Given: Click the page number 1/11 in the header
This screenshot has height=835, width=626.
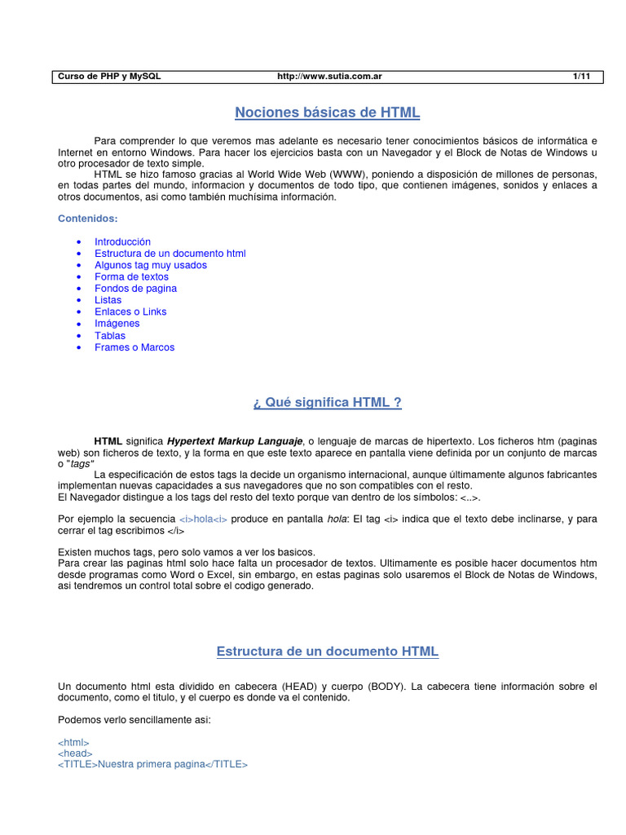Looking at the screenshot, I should (581, 76).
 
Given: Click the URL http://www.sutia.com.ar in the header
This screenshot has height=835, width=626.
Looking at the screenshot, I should (330, 76).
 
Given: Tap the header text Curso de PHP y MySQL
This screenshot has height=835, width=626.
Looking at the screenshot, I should (109, 76).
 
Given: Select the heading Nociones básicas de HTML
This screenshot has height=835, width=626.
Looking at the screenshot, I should (327, 113).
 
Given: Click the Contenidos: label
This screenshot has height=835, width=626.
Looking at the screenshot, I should (88, 219).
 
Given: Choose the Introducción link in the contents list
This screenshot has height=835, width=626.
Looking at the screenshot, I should (122, 242).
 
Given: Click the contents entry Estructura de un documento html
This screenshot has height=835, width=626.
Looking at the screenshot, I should (170, 254).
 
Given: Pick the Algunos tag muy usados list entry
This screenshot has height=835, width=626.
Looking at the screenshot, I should (151, 265).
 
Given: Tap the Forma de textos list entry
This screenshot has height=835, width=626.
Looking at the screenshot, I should (131, 276).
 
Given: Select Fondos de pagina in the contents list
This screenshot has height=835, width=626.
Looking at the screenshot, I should (135, 289).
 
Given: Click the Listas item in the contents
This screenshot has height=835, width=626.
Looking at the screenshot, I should (108, 300).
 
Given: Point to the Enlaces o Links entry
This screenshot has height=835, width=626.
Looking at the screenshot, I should (130, 311).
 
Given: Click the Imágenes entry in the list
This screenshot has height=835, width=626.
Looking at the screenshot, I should (117, 323).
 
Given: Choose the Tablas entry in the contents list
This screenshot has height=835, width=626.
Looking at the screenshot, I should (110, 335).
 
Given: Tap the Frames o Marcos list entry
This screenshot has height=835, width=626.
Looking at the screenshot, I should (134, 347).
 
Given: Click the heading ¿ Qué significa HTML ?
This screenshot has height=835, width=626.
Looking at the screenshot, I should (327, 403).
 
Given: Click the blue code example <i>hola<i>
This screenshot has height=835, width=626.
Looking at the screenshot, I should (203, 519).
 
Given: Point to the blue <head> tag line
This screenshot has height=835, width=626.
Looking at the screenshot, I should (76, 754).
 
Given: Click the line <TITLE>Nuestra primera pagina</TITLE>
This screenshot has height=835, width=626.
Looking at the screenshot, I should (153, 766).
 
